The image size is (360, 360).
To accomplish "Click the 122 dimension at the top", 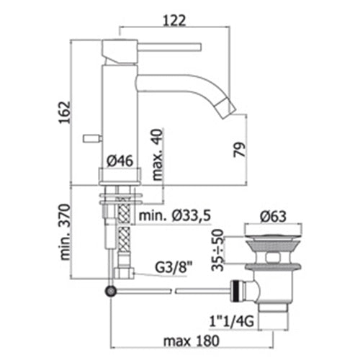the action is point(174,20).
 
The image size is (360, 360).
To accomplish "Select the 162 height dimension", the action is point(65,112).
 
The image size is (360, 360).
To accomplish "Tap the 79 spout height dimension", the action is point(240,150).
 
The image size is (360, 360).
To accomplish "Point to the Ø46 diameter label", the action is point(120,161).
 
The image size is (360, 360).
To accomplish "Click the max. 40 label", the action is point(158,155).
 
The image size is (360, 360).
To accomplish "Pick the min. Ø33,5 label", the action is point(175,215).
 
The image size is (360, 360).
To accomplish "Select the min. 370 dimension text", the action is point(66,232).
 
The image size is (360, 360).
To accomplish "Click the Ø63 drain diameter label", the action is point(273,216).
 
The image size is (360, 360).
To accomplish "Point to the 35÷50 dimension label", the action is point(217,250).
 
